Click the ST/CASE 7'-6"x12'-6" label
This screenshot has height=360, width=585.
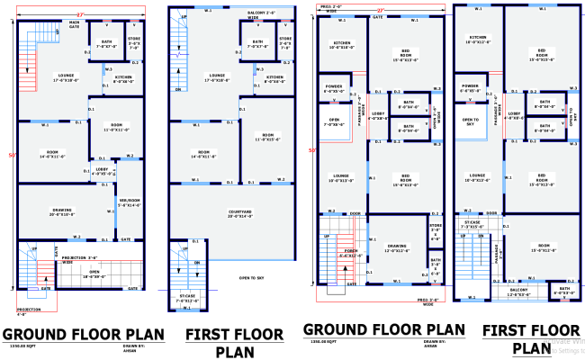click(187, 299)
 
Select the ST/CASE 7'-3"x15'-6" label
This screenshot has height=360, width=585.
click(472, 224)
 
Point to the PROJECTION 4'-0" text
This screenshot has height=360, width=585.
click(30, 311)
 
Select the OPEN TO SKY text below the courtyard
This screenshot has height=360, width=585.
click(257, 278)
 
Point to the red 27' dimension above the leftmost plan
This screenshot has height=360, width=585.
click(79, 15)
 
